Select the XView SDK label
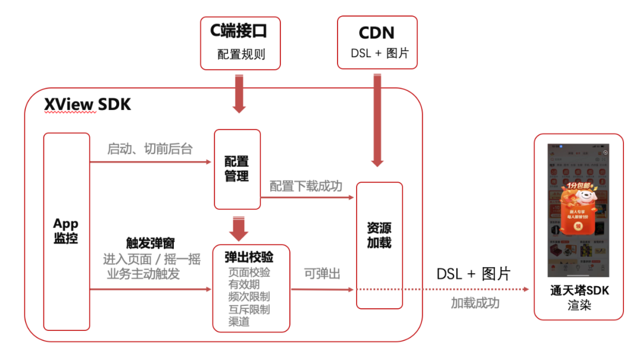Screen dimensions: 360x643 point(88,105)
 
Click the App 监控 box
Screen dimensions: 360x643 point(66,231)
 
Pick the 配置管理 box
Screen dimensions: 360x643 point(237,169)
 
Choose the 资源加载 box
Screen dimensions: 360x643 point(379,236)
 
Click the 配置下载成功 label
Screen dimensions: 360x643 point(306,186)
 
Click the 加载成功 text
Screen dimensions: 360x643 point(475,303)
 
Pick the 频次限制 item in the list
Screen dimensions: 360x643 point(249,297)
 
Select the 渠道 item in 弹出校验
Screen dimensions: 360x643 point(239,322)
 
